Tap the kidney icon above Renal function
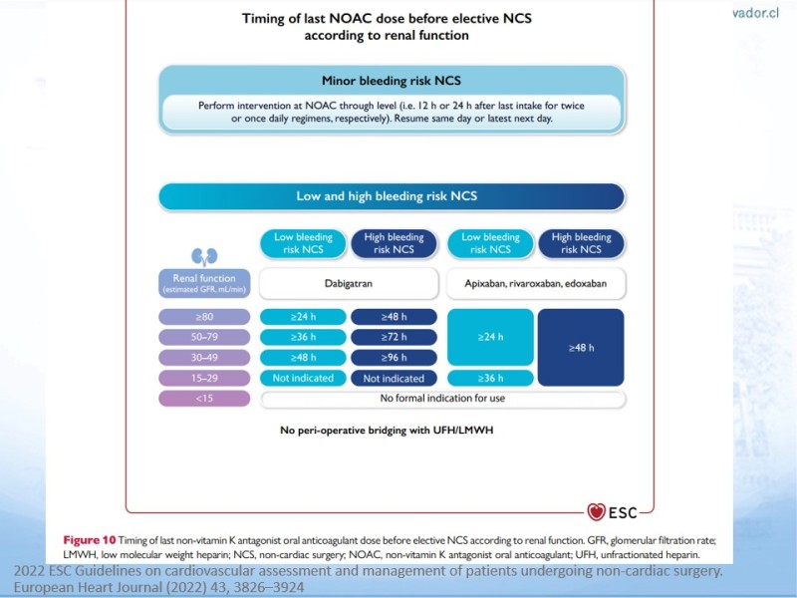[x=203, y=256]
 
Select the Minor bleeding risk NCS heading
[x=391, y=82]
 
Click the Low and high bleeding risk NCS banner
[x=393, y=195]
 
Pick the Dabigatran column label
[x=349, y=282]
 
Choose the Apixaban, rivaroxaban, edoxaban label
[x=537, y=282]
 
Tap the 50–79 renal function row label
[x=203, y=338]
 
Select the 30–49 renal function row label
[x=203, y=358]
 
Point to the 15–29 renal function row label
[x=203, y=378]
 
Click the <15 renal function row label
[x=203, y=399]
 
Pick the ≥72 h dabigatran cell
[x=394, y=338]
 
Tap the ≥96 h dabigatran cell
[x=394, y=358]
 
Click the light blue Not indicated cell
[x=303, y=379]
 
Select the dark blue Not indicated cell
[x=394, y=379]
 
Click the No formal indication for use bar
[x=442, y=399]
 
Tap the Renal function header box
[x=203, y=283]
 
